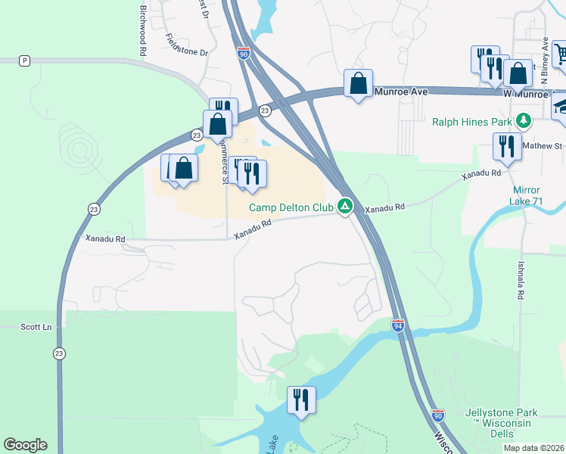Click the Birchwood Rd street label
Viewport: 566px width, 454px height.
pyautogui.click(x=142, y=30)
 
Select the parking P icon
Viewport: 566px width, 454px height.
pyautogui.click(x=25, y=61)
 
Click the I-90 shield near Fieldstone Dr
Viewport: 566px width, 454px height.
pyautogui.click(x=242, y=54)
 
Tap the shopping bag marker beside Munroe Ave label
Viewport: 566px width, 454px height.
pyautogui.click(x=358, y=83)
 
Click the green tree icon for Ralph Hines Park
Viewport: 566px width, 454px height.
pyautogui.click(x=522, y=120)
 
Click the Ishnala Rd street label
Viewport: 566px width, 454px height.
pyautogui.click(x=521, y=279)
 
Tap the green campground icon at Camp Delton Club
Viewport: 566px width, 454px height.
pyautogui.click(x=345, y=206)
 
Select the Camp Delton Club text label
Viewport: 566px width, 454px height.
pyautogui.click(x=292, y=207)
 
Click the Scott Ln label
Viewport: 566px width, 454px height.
pyautogui.click(x=36, y=327)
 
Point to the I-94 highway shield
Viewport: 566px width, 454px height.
pyautogui.click(x=399, y=325)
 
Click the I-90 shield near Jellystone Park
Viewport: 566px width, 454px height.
pyautogui.click(x=439, y=414)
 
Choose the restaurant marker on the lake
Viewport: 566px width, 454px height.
pyautogui.click(x=301, y=400)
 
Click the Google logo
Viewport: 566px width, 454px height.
pyautogui.click(x=25, y=445)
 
